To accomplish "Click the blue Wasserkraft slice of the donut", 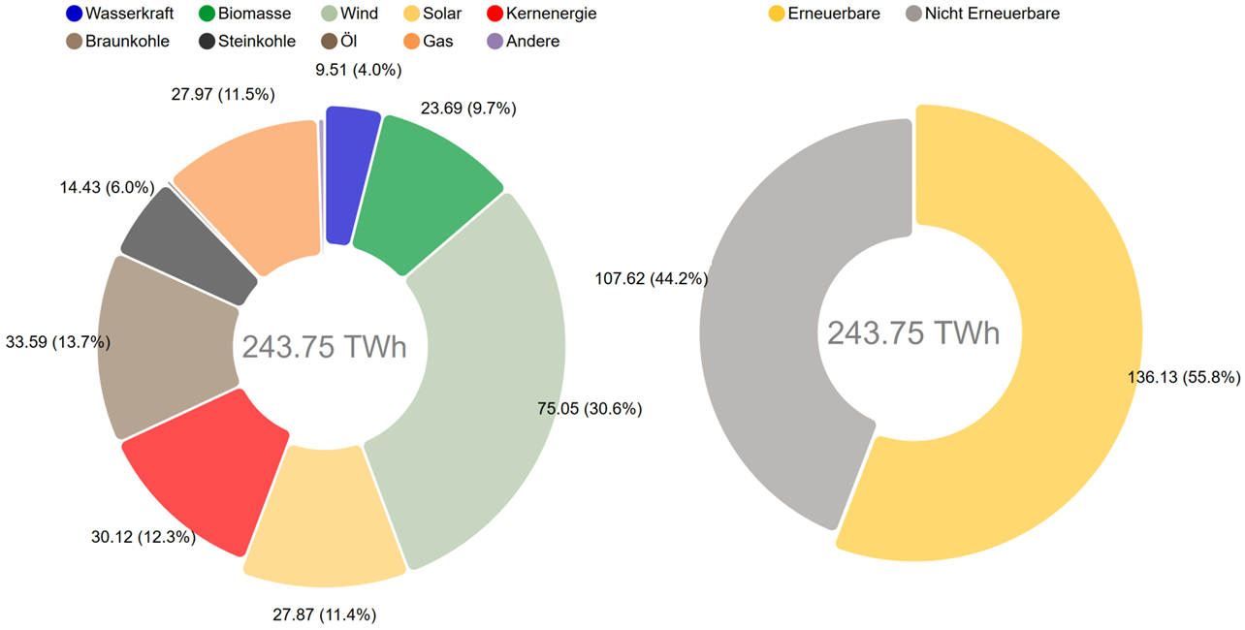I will click(351, 174).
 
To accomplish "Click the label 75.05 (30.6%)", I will click(590, 409).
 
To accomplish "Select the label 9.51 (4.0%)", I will click(359, 70).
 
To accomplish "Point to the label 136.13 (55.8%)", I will click(1184, 378).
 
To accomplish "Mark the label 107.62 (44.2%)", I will click(651, 279).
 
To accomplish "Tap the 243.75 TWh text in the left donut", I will click(324, 346).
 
